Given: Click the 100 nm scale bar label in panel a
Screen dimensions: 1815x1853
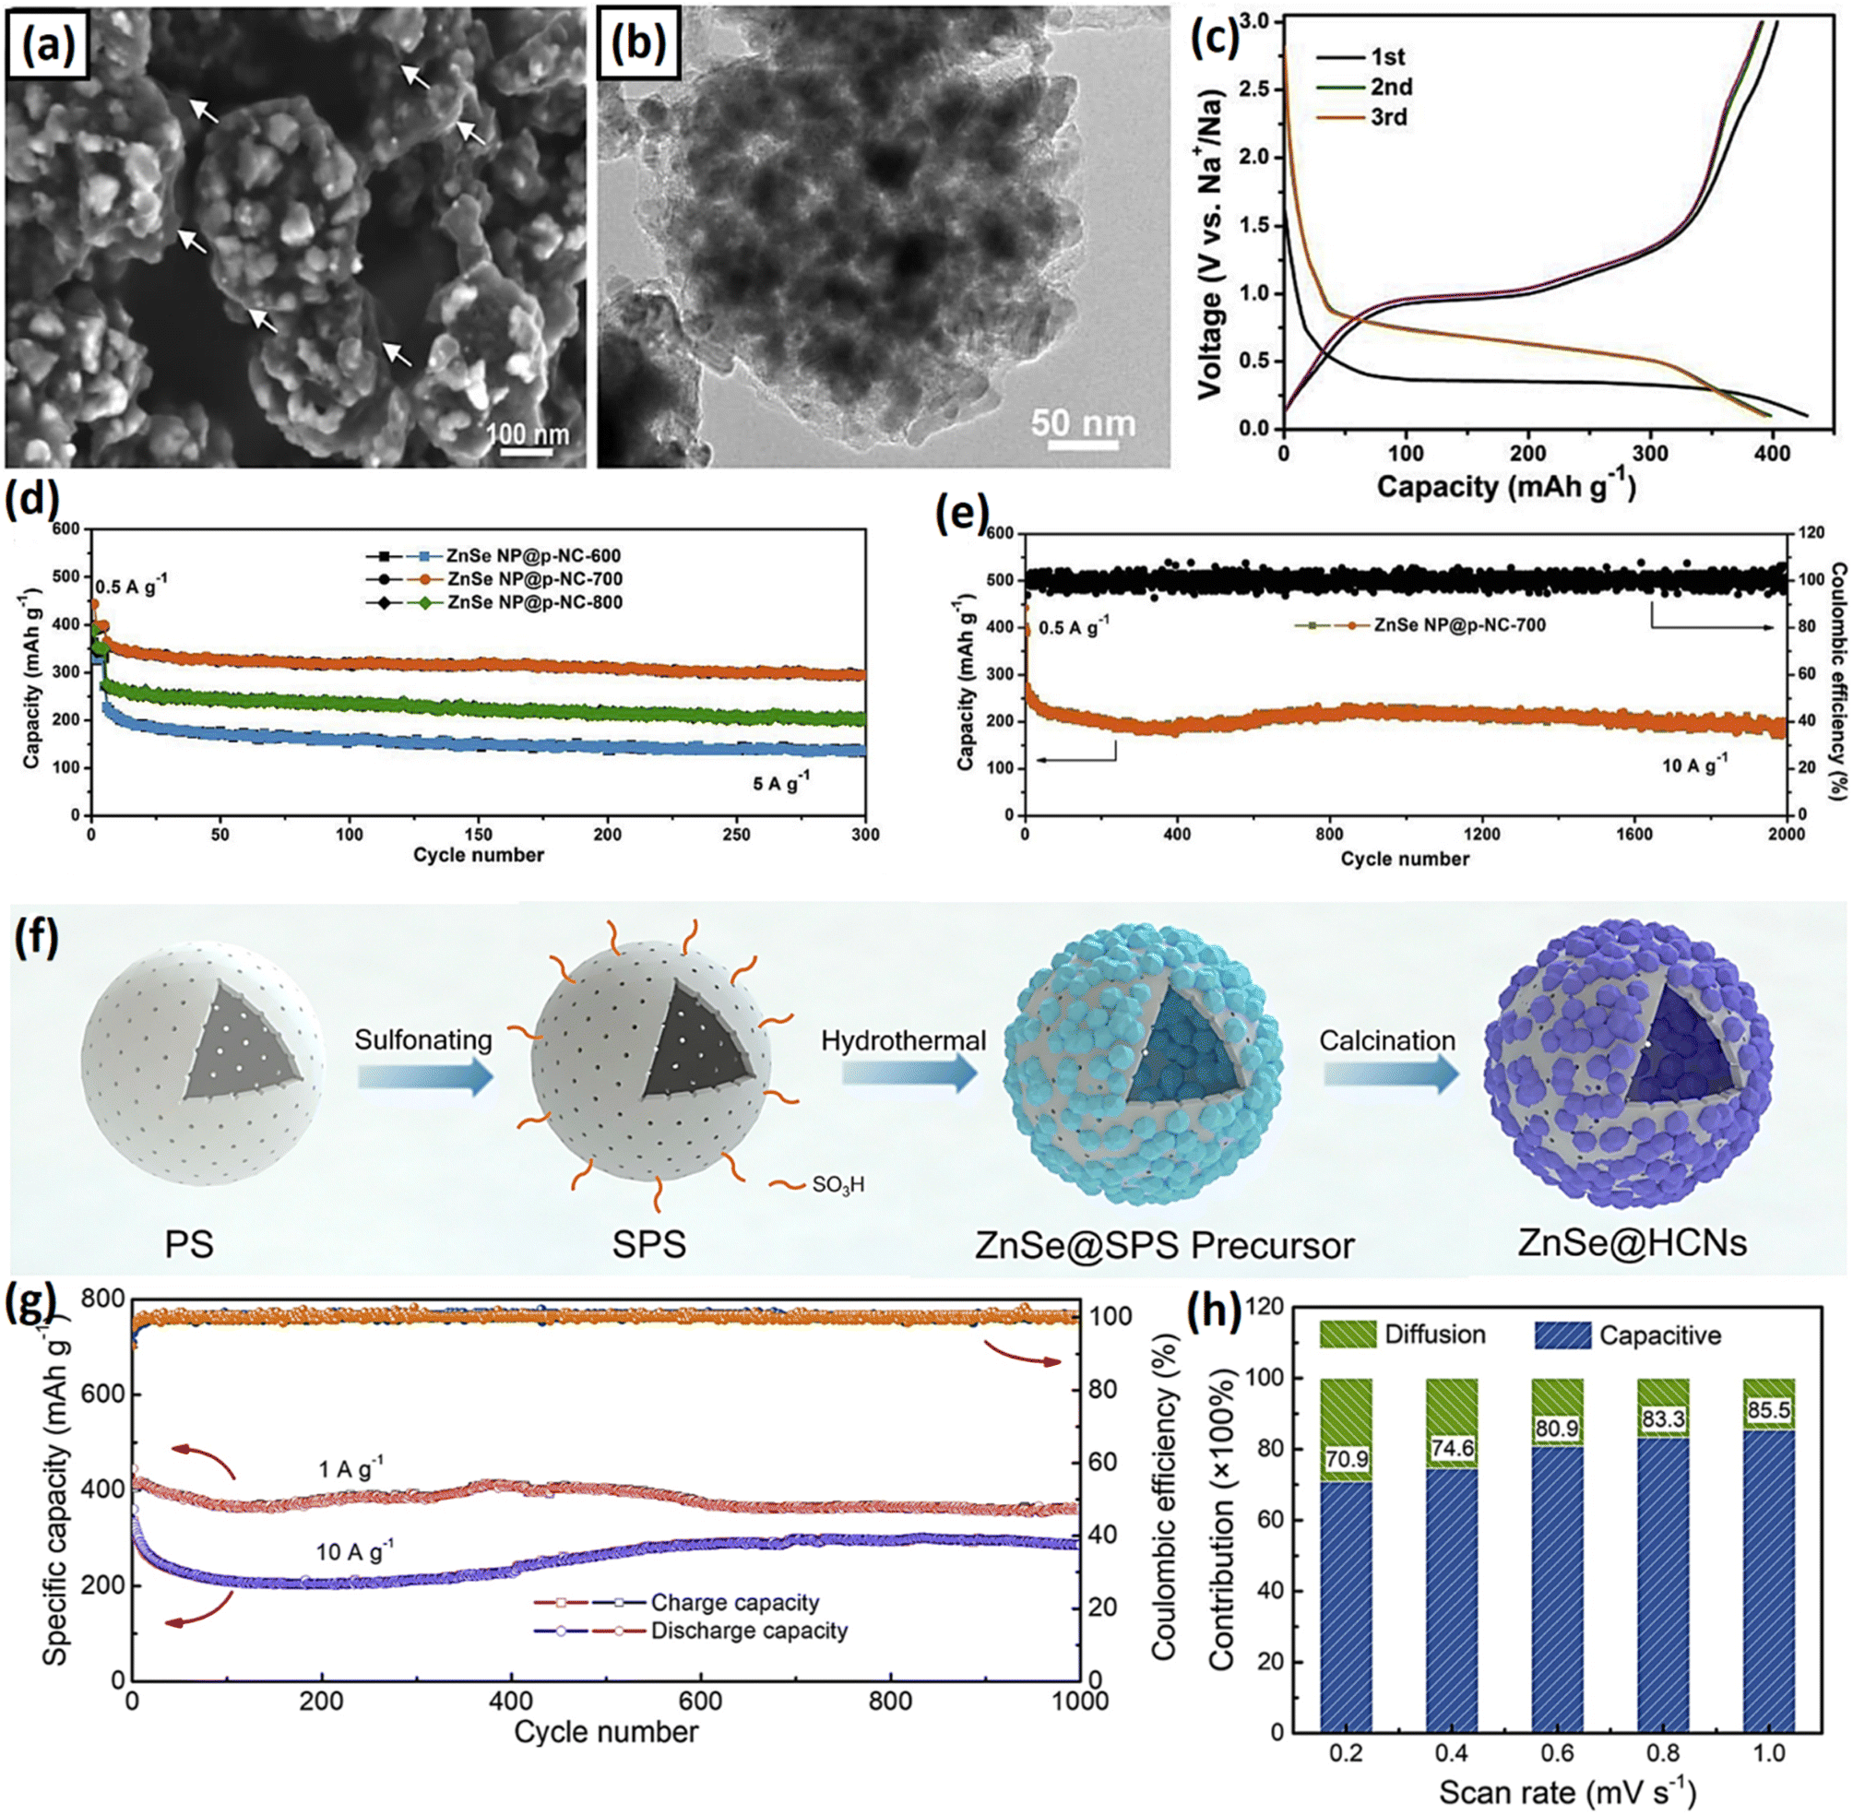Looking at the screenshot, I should click(x=527, y=433).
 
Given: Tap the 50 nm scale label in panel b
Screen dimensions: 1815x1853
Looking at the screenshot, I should click(x=1083, y=423).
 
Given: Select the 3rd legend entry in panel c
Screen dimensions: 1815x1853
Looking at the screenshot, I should click(x=1388, y=117).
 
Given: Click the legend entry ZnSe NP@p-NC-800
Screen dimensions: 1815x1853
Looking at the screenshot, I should click(x=534, y=602).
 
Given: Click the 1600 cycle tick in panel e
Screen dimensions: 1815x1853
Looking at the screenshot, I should click(x=1633, y=834).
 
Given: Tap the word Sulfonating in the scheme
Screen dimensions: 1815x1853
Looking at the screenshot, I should click(x=423, y=1039).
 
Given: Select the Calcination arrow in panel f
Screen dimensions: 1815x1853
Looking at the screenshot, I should click(x=1391, y=1074).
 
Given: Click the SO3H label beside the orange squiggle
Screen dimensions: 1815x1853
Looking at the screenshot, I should click(x=837, y=1185).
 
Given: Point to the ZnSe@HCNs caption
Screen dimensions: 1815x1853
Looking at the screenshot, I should click(x=1632, y=1242).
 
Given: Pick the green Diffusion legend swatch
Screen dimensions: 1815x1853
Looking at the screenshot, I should click(x=1347, y=1335).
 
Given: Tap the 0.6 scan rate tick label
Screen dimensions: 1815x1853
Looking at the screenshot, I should click(x=1557, y=1752).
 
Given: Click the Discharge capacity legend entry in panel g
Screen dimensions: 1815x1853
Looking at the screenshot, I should click(x=748, y=1631).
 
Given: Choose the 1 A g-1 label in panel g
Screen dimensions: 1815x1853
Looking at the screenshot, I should click(x=350, y=1469).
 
